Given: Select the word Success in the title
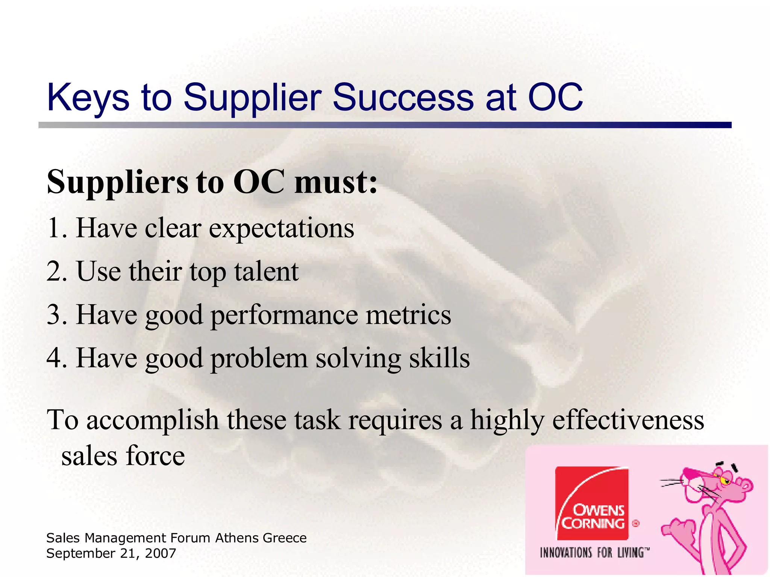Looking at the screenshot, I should pos(403,98).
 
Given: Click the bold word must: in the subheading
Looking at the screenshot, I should pos(336,182).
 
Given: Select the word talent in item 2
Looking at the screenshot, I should pos(266,271).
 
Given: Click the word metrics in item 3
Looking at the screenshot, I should pos(408,314).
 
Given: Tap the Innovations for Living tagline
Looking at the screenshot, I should pos(594,553).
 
